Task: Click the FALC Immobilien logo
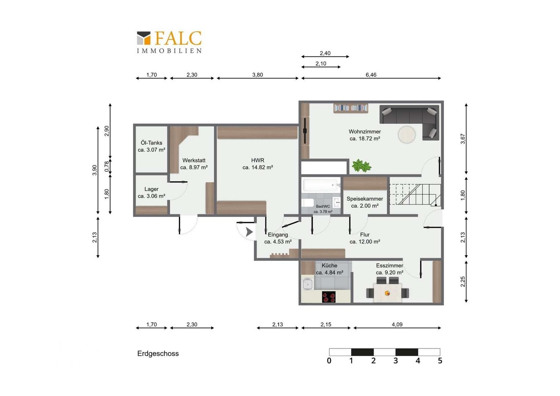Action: [x=169, y=42]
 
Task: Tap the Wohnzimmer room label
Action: [x=365, y=132]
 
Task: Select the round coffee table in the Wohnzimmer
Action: [x=407, y=135]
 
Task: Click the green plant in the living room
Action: [x=361, y=166]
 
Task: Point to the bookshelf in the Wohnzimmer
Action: [x=351, y=108]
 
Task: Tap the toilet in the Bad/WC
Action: [x=308, y=203]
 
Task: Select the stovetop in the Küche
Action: [x=328, y=297]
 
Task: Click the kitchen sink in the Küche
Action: [x=307, y=284]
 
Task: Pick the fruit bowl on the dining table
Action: [x=387, y=293]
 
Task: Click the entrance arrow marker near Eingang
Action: [x=249, y=232]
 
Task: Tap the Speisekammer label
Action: [x=365, y=199]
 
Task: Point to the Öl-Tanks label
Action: [x=151, y=143]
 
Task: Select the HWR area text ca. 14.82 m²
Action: [x=258, y=167]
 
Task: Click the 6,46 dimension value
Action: [x=371, y=75]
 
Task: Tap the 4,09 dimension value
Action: [x=397, y=324]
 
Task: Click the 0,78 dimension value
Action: [x=107, y=166]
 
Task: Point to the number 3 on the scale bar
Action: [x=395, y=360]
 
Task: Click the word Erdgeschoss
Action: [x=158, y=354]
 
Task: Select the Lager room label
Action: [x=151, y=189]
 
